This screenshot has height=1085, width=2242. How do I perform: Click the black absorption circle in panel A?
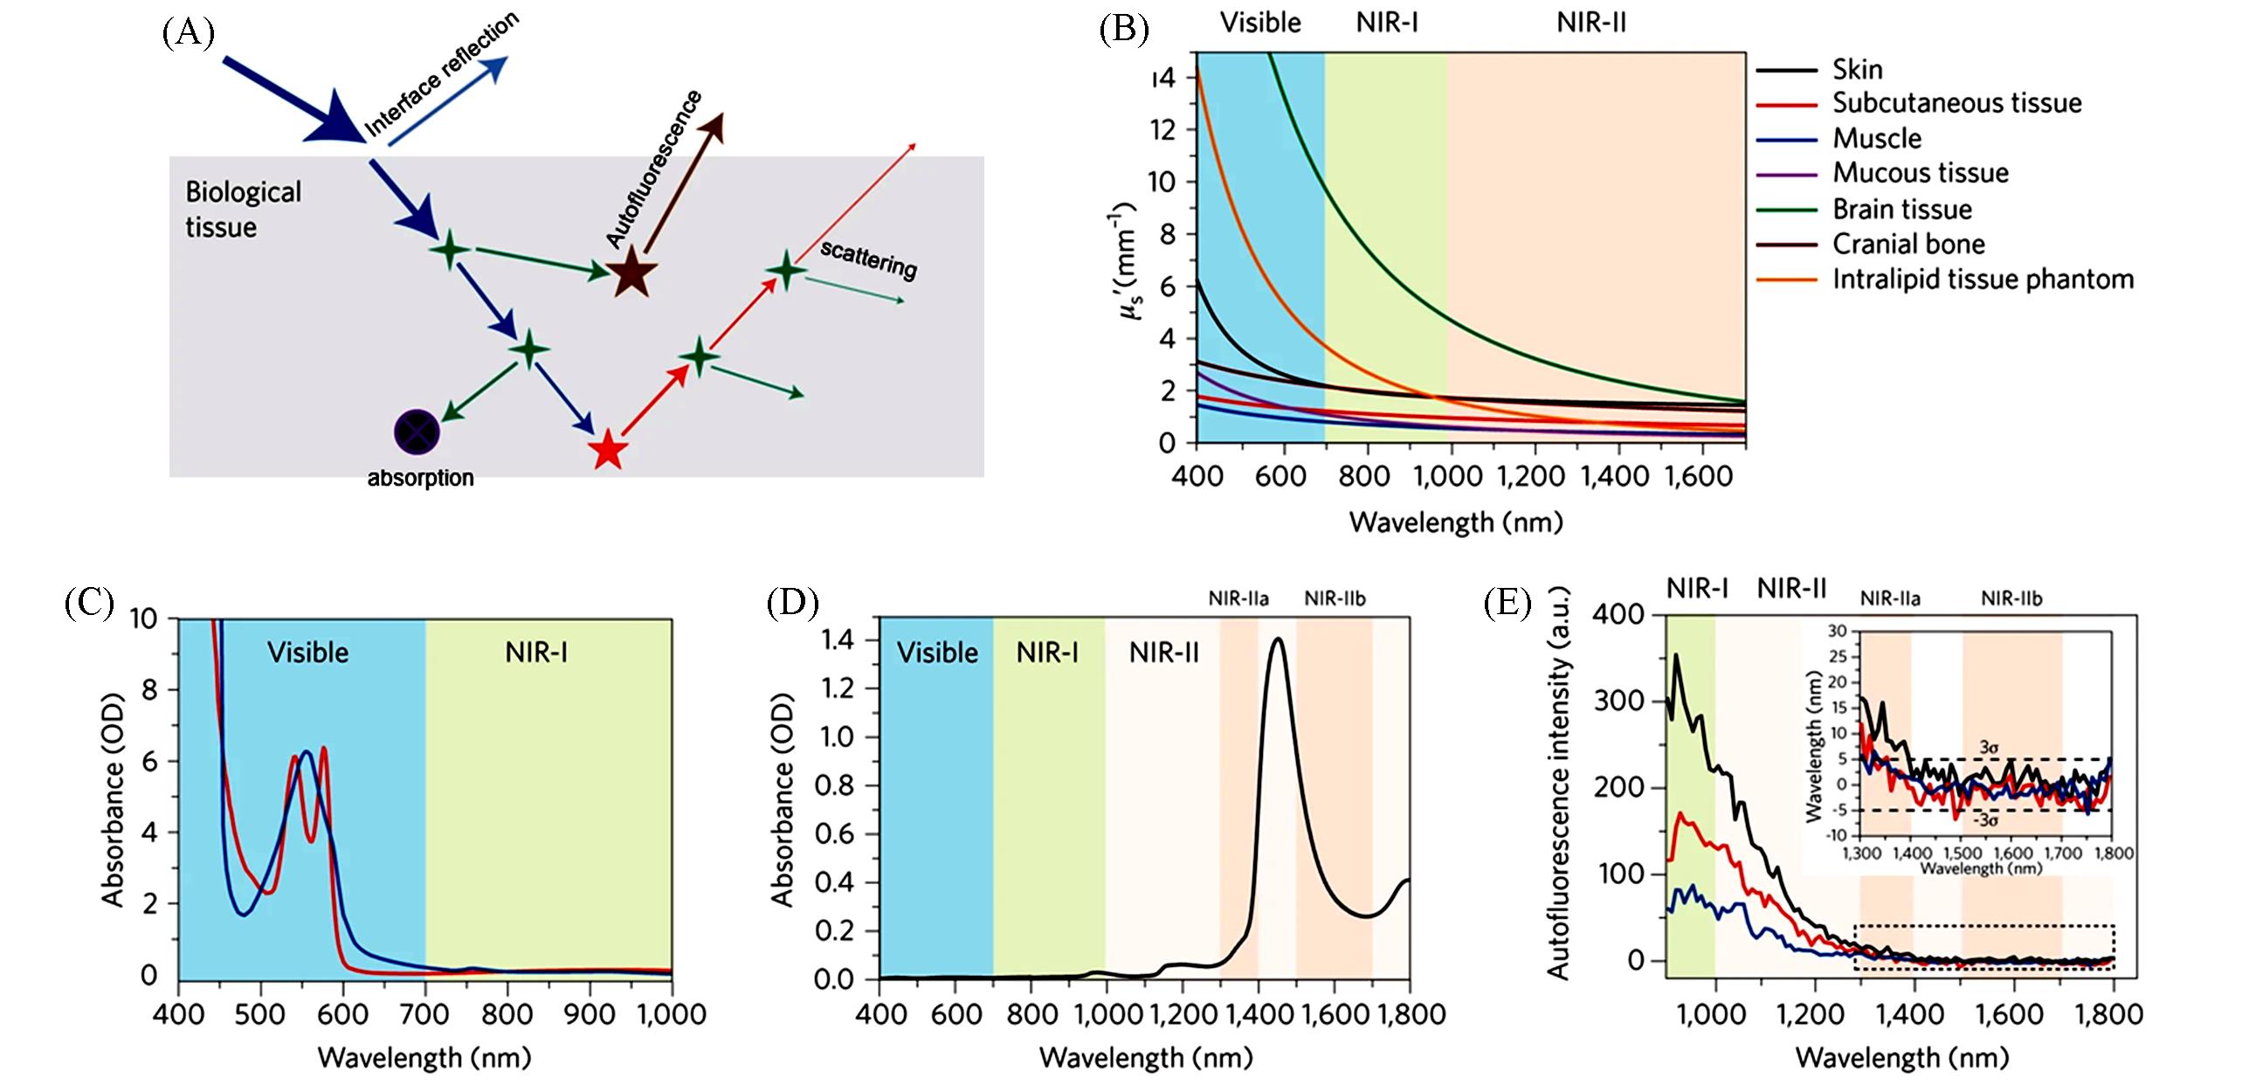(x=417, y=432)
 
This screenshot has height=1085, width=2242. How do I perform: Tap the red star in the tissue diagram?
(x=608, y=451)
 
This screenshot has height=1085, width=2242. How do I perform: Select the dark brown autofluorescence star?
(x=631, y=273)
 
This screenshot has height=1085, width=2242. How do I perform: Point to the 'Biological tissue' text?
(x=243, y=210)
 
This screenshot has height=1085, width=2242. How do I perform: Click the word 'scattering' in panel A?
(x=868, y=259)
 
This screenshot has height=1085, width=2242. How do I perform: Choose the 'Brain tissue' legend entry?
(x=1901, y=210)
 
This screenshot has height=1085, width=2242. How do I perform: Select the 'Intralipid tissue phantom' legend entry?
(x=1983, y=280)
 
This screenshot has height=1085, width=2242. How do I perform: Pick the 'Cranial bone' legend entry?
(x=1907, y=244)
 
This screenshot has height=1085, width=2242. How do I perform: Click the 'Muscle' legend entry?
(x=1876, y=139)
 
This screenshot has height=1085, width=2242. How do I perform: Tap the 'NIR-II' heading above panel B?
(x=1591, y=23)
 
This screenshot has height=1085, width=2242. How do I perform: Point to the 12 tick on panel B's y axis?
(x=1162, y=130)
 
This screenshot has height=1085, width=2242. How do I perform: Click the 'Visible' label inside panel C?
(x=307, y=653)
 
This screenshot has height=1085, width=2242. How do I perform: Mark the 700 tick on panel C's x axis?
(x=425, y=1014)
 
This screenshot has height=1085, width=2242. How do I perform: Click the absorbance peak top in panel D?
(x=1278, y=639)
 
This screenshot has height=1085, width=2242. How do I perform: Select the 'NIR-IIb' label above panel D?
(x=1335, y=598)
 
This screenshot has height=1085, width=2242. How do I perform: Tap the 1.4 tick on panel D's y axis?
(x=837, y=640)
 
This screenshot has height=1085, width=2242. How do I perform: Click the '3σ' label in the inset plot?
(x=1988, y=748)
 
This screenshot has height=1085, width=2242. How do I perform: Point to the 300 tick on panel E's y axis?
(x=1618, y=701)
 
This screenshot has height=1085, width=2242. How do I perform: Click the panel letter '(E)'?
(x=1507, y=604)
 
